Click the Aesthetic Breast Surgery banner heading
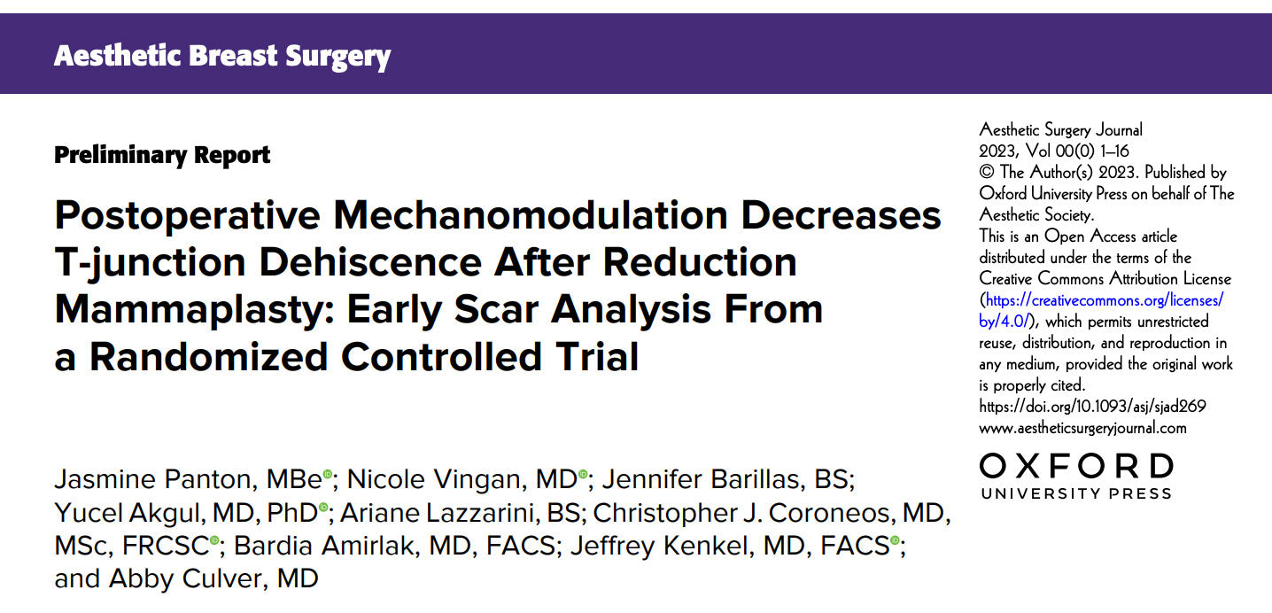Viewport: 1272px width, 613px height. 221,56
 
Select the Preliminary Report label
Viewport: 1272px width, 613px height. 162,155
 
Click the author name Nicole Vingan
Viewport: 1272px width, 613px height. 433,479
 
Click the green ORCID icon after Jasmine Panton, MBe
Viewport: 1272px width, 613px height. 328,476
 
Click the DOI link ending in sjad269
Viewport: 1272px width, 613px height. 1092,407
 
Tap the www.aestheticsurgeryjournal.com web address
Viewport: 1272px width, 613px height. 1082,428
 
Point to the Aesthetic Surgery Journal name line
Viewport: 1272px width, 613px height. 1060,130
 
